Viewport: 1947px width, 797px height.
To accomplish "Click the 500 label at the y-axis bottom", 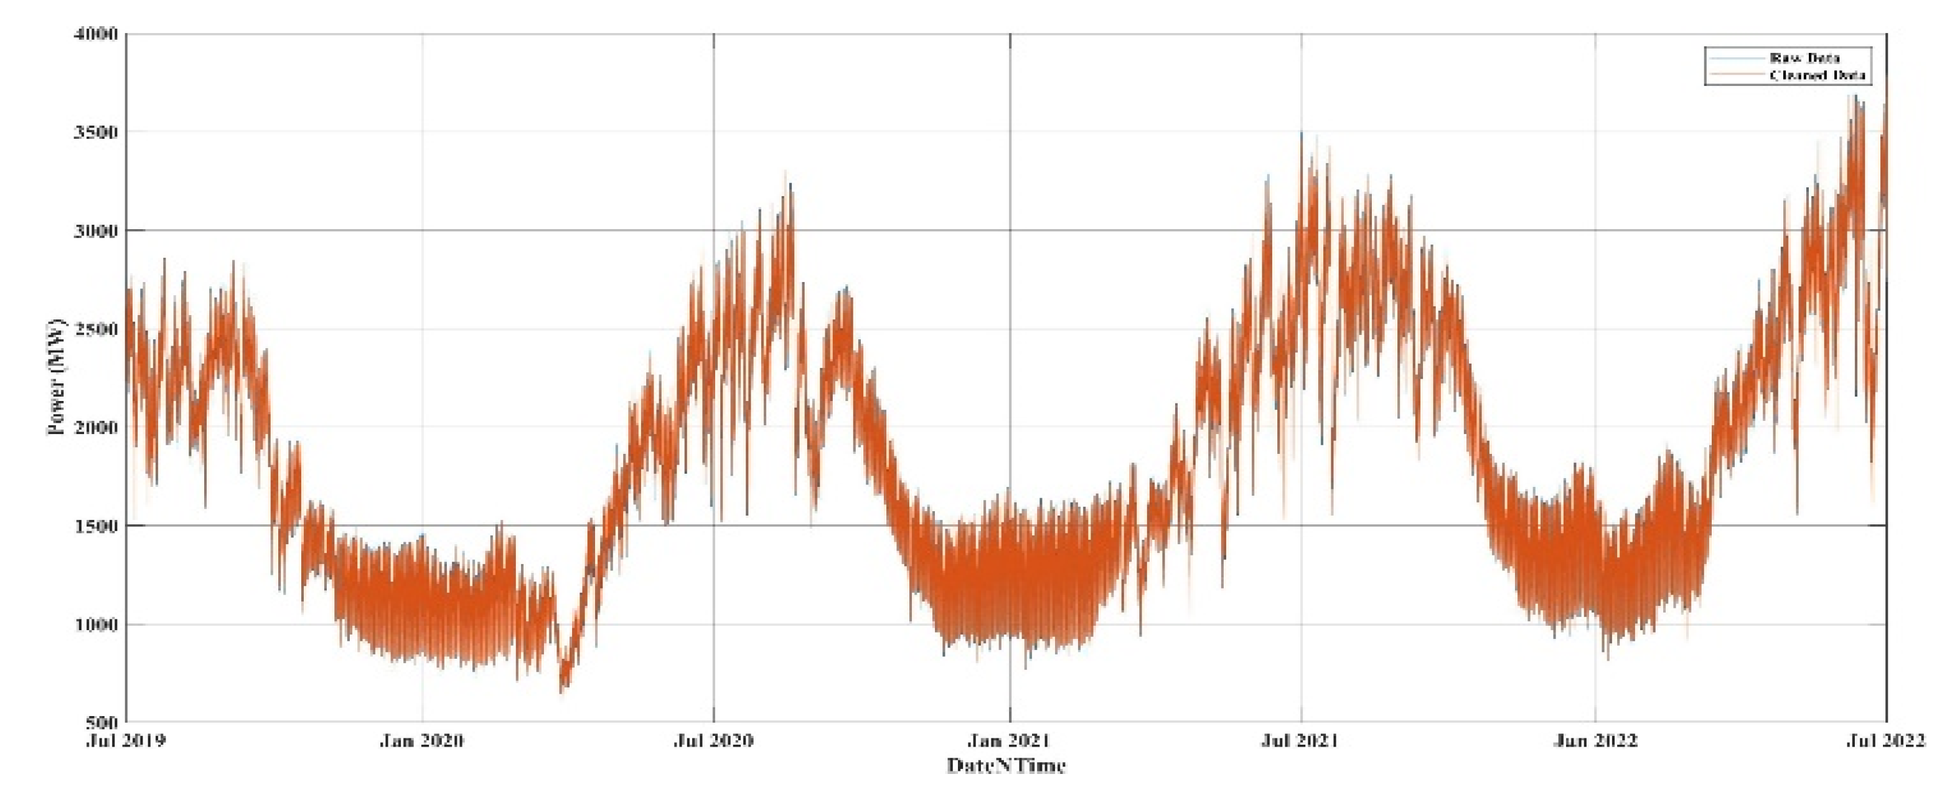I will (102, 722).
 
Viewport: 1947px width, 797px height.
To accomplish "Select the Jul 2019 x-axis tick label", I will (126, 740).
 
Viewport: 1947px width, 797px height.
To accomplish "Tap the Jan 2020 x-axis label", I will (422, 740).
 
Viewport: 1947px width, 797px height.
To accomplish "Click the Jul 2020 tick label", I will (713, 740).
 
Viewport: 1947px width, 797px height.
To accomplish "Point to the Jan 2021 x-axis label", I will (1010, 740).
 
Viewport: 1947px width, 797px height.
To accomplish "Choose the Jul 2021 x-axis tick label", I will (1301, 740).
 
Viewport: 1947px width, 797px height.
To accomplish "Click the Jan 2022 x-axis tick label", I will (1595, 740).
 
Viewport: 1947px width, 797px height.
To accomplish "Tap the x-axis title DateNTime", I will (1006, 766).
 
